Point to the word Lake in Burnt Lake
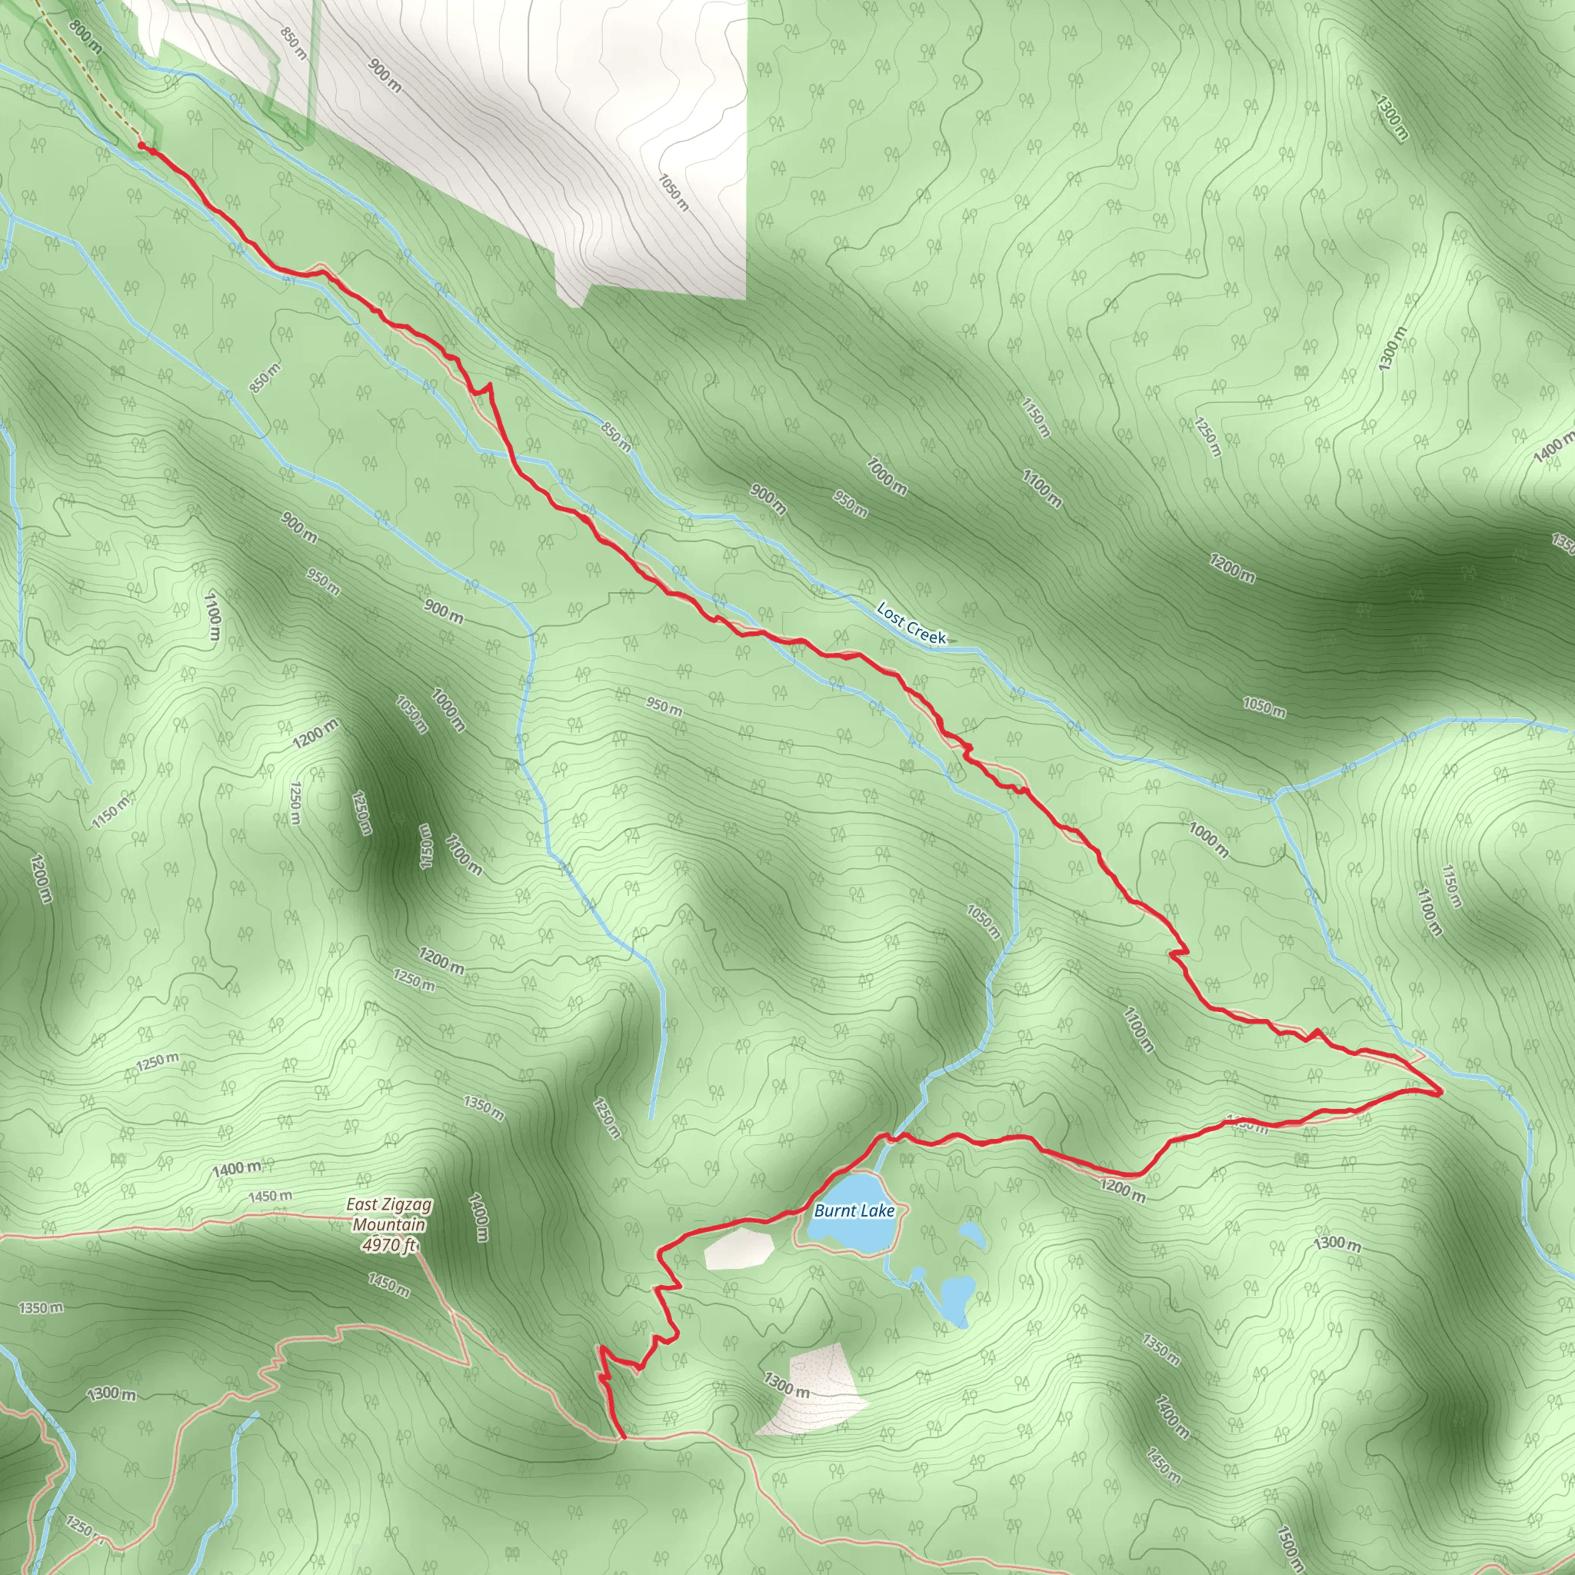tap(877, 1211)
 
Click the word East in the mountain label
tap(361, 1205)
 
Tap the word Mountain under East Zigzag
tap(389, 1224)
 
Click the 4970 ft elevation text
tap(390, 1245)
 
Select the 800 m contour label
tap(85, 37)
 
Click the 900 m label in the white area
tap(384, 76)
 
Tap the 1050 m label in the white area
tap(674, 192)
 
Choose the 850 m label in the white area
tap(293, 43)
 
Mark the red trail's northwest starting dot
tap(142, 145)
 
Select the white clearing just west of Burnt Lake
tap(738, 1248)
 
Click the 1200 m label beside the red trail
tap(1123, 1190)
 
